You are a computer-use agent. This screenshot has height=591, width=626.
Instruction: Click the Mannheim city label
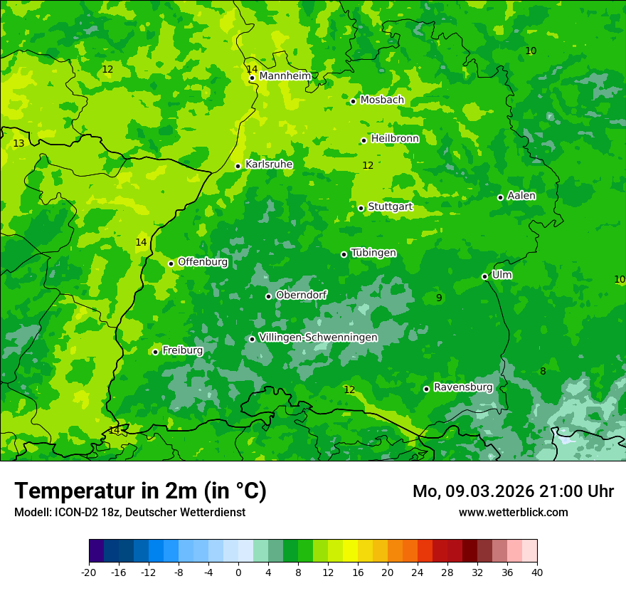click(x=285, y=76)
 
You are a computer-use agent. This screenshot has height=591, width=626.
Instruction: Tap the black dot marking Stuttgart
click(x=361, y=208)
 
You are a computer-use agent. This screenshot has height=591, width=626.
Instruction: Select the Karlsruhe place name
click(x=269, y=164)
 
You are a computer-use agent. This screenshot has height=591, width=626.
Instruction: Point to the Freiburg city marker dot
click(x=155, y=352)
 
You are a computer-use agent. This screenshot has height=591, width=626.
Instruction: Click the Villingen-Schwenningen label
click(x=318, y=338)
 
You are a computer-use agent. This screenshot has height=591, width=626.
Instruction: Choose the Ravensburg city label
click(x=463, y=387)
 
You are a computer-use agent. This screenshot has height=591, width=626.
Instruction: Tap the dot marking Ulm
click(x=485, y=276)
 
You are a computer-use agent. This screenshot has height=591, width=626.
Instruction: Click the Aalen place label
click(x=521, y=196)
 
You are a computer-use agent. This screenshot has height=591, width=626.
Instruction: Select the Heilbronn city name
click(x=395, y=139)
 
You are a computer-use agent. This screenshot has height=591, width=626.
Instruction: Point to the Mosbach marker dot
click(x=353, y=101)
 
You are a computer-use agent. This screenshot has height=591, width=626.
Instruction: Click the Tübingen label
click(x=373, y=253)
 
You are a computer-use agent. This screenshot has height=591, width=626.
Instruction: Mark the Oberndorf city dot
click(x=268, y=296)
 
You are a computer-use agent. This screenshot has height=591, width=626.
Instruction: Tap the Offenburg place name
click(x=203, y=262)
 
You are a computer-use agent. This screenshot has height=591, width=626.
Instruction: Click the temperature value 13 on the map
click(x=18, y=144)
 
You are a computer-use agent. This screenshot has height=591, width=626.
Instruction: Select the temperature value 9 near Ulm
click(x=439, y=298)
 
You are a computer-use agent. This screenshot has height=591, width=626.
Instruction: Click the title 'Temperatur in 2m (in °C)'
click(x=140, y=491)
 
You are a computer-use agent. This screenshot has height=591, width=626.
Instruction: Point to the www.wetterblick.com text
click(x=513, y=512)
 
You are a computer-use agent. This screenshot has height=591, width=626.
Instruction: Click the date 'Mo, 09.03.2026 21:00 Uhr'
click(x=513, y=491)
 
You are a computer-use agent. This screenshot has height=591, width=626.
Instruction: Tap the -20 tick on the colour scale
click(x=89, y=572)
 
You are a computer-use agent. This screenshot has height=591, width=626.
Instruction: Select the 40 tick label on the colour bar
click(x=536, y=572)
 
